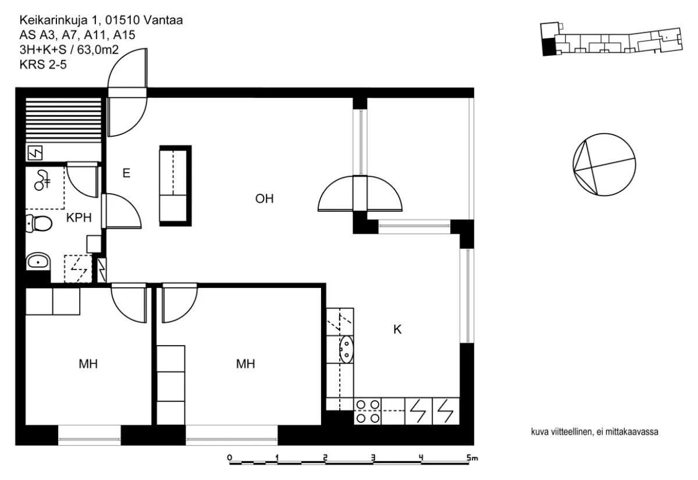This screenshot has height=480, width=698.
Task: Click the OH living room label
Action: (x=264, y=198)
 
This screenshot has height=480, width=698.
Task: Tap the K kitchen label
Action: (x=397, y=329)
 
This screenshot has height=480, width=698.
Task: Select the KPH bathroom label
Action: (x=79, y=218)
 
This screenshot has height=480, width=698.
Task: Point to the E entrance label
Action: (x=126, y=173)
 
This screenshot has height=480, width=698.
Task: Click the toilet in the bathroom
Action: (x=38, y=223)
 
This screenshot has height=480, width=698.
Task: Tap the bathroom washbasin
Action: (x=38, y=261)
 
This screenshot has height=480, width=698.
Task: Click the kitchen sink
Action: (x=346, y=349)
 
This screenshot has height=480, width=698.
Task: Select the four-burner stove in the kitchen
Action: (x=368, y=411)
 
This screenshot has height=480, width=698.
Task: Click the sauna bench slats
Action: (x=63, y=120)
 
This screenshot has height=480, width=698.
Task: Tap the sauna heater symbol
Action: (x=35, y=153)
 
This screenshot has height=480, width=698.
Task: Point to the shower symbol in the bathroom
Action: (x=42, y=180)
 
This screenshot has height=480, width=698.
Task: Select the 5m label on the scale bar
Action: (x=472, y=458)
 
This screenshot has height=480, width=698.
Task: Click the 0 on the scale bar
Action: (x=230, y=457)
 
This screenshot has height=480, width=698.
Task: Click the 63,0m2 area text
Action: (x=98, y=50)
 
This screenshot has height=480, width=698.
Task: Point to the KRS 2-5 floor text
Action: (x=43, y=65)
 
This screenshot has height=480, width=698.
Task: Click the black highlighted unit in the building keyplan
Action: (x=549, y=47)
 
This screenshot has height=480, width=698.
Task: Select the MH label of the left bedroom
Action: (x=88, y=364)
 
